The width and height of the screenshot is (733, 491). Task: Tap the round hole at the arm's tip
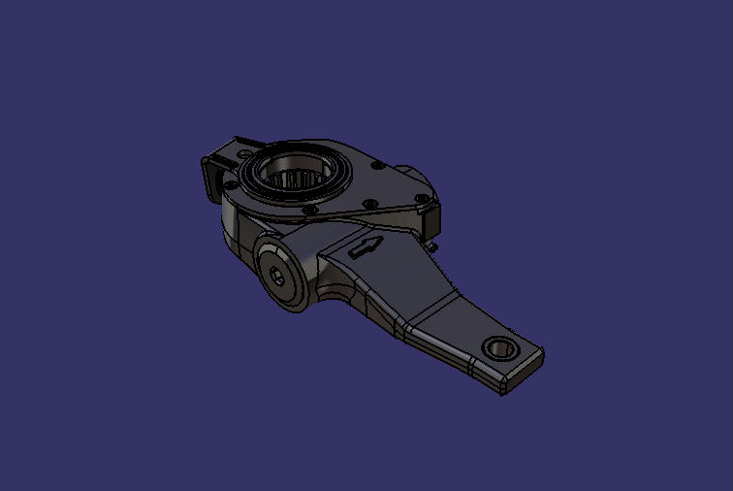(x=499, y=346)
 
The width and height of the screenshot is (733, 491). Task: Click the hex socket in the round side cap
(x=280, y=276)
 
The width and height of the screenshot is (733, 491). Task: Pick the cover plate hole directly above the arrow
(x=368, y=204)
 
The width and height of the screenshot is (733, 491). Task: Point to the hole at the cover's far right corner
(x=419, y=201)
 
